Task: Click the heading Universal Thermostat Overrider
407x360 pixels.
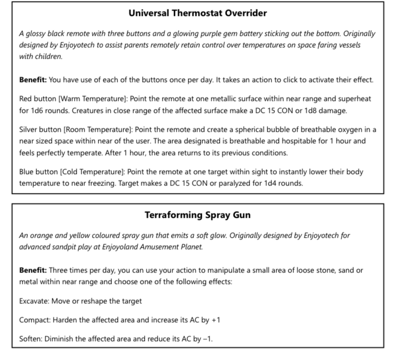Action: (197, 13)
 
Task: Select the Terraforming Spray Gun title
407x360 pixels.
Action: (197, 215)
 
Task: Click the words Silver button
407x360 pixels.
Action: (39, 130)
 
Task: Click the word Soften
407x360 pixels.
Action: (30, 339)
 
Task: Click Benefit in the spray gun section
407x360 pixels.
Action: (32, 270)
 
